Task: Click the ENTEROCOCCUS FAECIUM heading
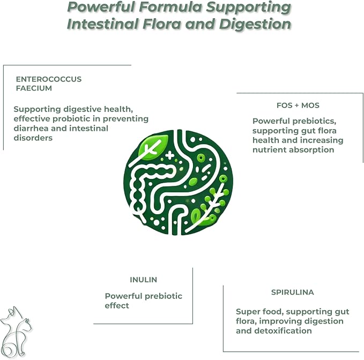click(49, 84)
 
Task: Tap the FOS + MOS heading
click(298, 106)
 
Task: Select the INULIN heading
click(143, 280)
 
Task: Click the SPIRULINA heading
click(292, 292)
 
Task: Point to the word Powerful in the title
click(101, 7)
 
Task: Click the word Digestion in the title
click(255, 25)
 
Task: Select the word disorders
click(33, 138)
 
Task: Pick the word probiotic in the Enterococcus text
click(77, 119)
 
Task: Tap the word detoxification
click(283, 331)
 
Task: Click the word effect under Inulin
click(117, 305)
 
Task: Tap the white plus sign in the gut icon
click(170, 155)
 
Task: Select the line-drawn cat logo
click(16, 332)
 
